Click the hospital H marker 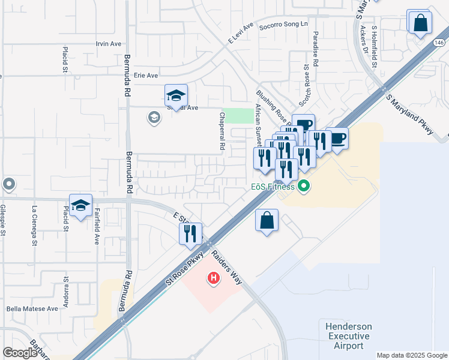point(213,278)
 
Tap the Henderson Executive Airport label point(349,336)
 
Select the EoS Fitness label point(273,187)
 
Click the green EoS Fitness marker point(304,187)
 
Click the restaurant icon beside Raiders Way point(191,233)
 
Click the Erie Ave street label point(145,76)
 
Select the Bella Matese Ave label point(32,308)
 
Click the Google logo point(20,353)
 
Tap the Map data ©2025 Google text point(412,355)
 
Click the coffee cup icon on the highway point(338,139)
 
